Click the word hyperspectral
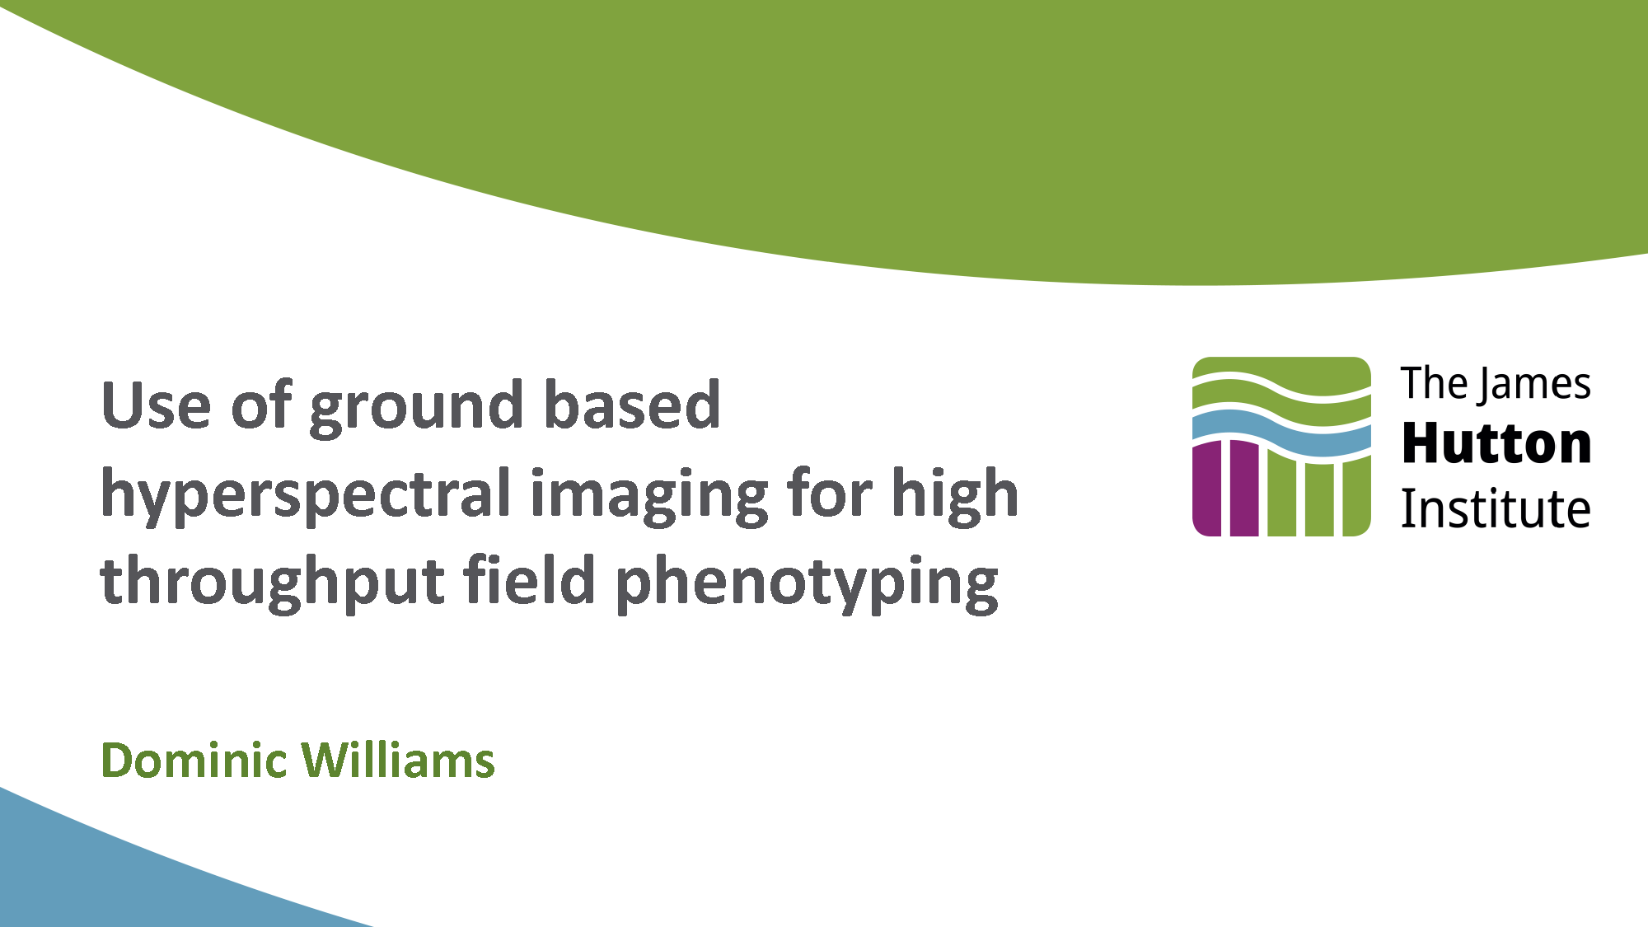tap(306, 494)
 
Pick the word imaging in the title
tap(649, 494)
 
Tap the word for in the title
tap(829, 492)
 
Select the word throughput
tap(273, 582)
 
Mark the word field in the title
tap(530, 578)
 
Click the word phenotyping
tap(807, 582)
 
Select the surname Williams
tap(398, 760)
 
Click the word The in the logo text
tap(1435, 383)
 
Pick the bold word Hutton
tap(1496, 443)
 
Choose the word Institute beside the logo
tap(1496, 508)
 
